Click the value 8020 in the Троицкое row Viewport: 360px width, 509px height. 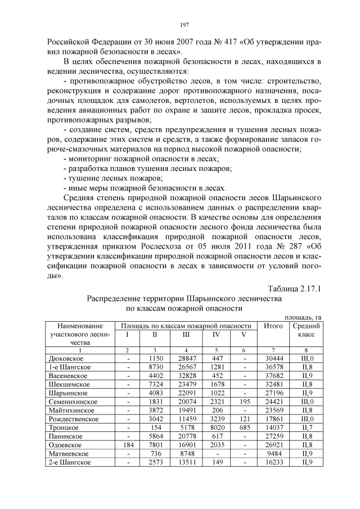coord(216,427)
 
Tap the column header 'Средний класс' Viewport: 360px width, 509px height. coord(306,330)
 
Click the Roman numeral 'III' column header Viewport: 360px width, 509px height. coord(186,334)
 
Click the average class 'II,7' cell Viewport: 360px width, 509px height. coord(306,427)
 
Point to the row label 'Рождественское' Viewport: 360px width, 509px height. coord(73,418)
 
